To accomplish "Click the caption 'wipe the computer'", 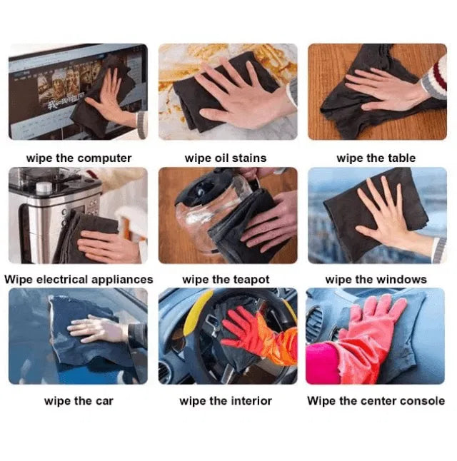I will click(79, 158).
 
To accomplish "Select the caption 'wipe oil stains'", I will click(226, 158).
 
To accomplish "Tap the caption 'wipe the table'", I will click(376, 158).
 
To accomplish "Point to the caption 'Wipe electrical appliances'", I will click(79, 279).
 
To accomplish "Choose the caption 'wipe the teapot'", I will click(226, 279).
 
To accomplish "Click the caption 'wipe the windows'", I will click(376, 279).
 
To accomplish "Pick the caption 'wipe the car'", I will click(79, 400).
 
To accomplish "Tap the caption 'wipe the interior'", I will click(226, 400).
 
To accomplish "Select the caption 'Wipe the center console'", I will click(376, 400).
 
